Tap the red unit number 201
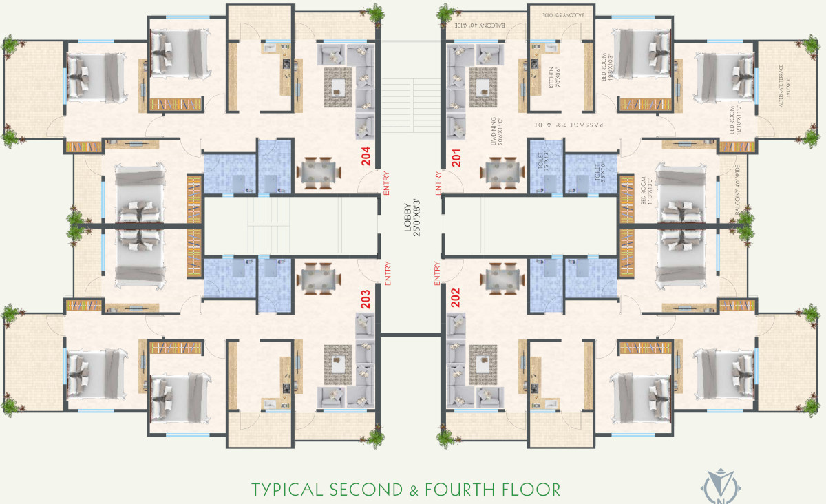pyautogui.click(x=455, y=158)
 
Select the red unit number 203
pyautogui.click(x=366, y=300)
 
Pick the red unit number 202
pyautogui.click(x=455, y=300)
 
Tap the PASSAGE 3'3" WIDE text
pyautogui.click(x=569, y=126)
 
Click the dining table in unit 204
pyautogui.click(x=318, y=173)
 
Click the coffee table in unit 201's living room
pyautogui.click(x=483, y=86)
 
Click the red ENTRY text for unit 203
pyautogui.click(x=388, y=273)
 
